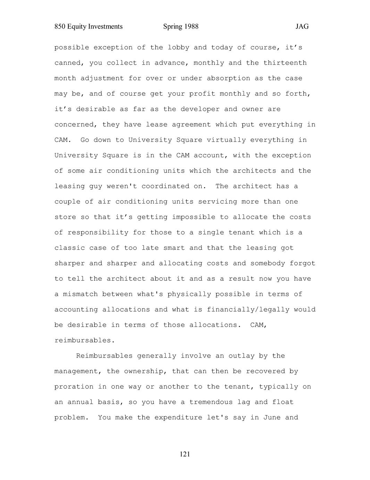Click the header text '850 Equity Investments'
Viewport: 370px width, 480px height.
tap(89, 26)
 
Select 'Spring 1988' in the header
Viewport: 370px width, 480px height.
tap(180, 26)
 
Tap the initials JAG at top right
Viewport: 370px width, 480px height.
tap(302, 26)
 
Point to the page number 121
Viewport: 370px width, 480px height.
tap(185, 454)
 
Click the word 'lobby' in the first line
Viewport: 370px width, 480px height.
tap(178, 47)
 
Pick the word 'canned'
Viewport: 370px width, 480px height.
tap(67, 63)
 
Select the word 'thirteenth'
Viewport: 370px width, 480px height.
tap(285, 63)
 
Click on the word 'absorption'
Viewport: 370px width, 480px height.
tap(228, 78)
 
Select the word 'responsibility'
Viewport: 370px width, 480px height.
tap(98, 232)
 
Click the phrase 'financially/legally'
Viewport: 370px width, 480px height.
tap(248, 310)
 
